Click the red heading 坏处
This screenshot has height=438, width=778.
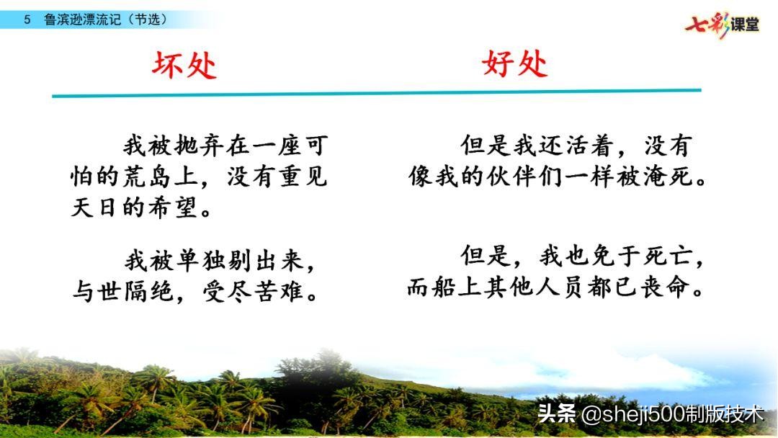pos(184,66)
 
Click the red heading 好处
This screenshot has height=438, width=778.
pos(514,64)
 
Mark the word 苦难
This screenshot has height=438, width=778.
pos(281,291)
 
